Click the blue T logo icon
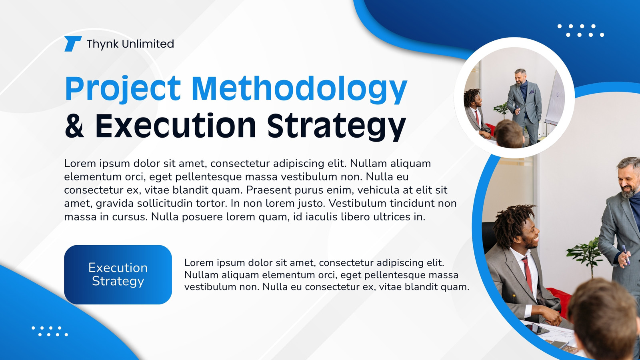(x=73, y=44)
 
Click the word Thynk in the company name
(x=102, y=44)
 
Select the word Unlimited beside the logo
(x=148, y=44)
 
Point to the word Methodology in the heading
(x=300, y=89)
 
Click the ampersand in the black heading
(x=74, y=126)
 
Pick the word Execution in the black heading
(x=176, y=126)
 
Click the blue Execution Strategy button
(x=118, y=274)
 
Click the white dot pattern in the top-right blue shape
(x=581, y=30)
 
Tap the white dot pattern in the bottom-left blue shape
(x=50, y=331)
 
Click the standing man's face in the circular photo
(x=521, y=77)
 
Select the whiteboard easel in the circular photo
(x=554, y=98)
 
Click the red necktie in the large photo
(x=528, y=274)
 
